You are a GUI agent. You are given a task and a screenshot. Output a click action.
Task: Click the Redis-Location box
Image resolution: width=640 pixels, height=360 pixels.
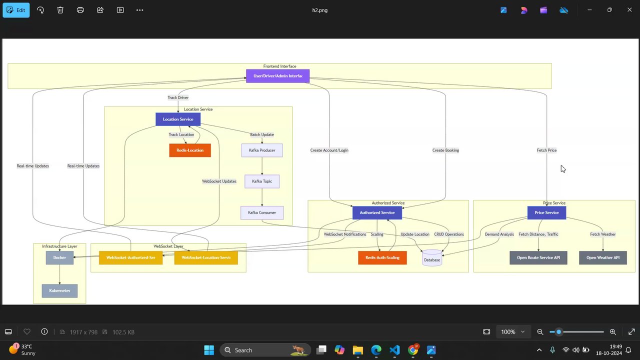tap(190, 150)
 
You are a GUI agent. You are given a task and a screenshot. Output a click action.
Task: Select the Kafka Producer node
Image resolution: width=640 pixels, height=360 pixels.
tap(262, 150)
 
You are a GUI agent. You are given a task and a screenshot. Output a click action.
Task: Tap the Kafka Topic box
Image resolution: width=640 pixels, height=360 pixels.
tap(262, 181)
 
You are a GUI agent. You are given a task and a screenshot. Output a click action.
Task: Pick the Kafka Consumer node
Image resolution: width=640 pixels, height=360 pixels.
tap(262, 213)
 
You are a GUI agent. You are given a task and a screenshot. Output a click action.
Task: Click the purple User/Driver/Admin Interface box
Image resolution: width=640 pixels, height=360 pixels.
tap(278, 76)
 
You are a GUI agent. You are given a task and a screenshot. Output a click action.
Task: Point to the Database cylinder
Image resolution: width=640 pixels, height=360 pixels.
tap(432, 258)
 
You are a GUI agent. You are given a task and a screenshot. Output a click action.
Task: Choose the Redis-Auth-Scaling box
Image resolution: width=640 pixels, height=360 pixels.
tap(382, 258)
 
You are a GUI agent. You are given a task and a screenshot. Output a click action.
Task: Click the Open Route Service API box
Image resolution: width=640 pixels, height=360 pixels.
tap(538, 258)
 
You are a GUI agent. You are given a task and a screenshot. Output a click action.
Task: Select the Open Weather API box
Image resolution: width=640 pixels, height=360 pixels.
tap(603, 258)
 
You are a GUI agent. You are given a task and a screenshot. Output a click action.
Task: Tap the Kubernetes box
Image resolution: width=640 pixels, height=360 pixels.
tap(59, 291)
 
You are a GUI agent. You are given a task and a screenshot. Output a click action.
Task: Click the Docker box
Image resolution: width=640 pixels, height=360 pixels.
tap(59, 258)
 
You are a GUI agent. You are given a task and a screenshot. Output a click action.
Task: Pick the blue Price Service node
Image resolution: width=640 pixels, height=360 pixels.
tap(546, 213)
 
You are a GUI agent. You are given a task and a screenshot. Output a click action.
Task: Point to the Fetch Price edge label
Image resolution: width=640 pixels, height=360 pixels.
tap(546, 150)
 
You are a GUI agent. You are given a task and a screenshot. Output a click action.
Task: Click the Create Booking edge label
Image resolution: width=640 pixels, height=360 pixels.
tap(445, 150)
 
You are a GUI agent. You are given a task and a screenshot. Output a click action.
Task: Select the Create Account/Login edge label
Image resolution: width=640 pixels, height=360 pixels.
tap(329, 150)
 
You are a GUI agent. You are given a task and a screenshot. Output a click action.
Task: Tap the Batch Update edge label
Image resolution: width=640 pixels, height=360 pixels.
tap(262, 134)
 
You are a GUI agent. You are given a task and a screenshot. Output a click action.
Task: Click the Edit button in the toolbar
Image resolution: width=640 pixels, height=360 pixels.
tap(16, 10)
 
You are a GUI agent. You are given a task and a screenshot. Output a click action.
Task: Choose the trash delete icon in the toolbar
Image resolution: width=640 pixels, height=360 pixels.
tap(60, 10)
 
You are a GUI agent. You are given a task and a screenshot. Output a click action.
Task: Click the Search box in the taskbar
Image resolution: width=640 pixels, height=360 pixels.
tap(265, 350)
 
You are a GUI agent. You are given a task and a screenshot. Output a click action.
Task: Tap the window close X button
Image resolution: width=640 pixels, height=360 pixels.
tap(629, 10)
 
